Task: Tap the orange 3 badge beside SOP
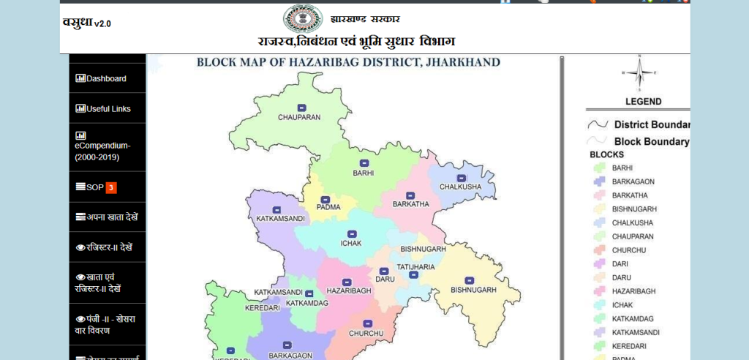tap(110, 187)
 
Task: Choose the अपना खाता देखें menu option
tap(107, 217)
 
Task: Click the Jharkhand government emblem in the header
tap(297, 18)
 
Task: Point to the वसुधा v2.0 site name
tap(87, 22)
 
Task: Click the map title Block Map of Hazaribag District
tap(348, 62)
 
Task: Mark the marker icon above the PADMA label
tap(325, 199)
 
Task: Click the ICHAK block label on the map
tap(352, 243)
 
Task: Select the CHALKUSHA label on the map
tap(460, 187)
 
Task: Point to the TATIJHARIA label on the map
tap(415, 267)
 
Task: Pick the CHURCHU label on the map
tap(366, 334)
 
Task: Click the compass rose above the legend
tap(639, 72)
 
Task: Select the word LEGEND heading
tap(643, 102)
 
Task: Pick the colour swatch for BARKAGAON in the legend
tap(598, 181)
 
